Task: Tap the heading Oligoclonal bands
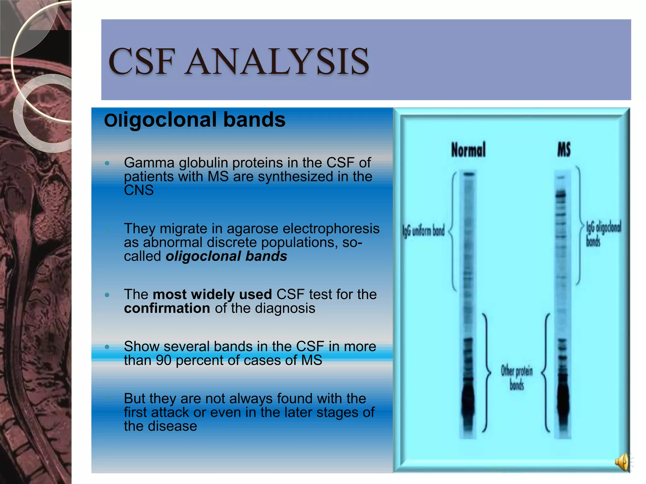[x=195, y=120]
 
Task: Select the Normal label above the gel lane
[x=468, y=150]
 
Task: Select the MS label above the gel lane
[x=564, y=149]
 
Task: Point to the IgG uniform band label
[x=424, y=231]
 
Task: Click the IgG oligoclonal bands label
[x=603, y=233]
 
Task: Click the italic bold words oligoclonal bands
[x=226, y=256]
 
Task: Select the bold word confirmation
[x=167, y=308]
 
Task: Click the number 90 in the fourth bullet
[x=163, y=360]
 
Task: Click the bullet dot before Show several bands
[x=107, y=347]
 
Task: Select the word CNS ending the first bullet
[x=139, y=190]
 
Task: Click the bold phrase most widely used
[x=212, y=295]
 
